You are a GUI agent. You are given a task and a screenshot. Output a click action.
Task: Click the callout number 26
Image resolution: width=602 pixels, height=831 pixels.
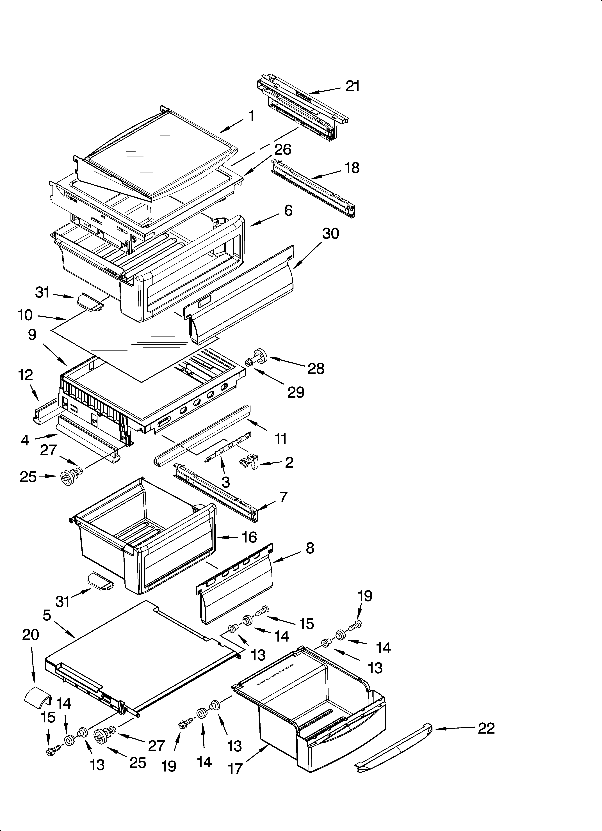pyautogui.click(x=283, y=150)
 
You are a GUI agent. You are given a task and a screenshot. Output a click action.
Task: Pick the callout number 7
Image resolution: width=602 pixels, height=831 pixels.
pyautogui.click(x=283, y=497)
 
